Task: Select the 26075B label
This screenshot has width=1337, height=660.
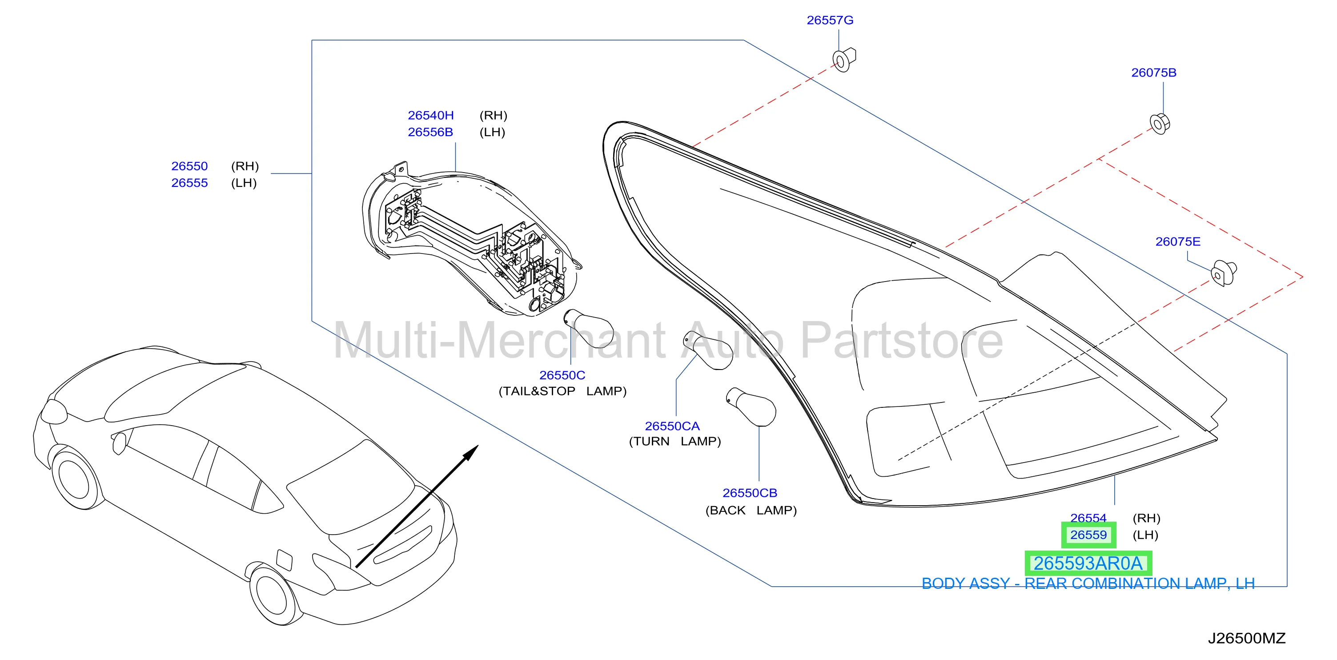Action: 1153,72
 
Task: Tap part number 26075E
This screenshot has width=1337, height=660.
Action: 1178,241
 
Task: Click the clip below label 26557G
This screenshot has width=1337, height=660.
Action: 844,59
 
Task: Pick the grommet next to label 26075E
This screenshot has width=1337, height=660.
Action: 1223,273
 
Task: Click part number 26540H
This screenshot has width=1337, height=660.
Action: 430,115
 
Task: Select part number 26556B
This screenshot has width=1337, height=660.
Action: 430,132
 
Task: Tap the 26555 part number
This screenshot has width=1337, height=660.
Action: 189,183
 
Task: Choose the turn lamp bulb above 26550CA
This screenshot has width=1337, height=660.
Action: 708,350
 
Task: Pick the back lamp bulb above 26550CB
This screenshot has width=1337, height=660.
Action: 751,406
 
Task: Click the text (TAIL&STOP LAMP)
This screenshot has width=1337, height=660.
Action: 562,391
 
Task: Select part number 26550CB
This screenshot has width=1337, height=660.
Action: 750,493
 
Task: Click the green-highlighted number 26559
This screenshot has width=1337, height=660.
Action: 1088,535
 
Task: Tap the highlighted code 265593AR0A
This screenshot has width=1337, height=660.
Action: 1088,563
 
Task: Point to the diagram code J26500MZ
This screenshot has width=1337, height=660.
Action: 1246,638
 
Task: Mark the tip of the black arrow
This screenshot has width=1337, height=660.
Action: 478,445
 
